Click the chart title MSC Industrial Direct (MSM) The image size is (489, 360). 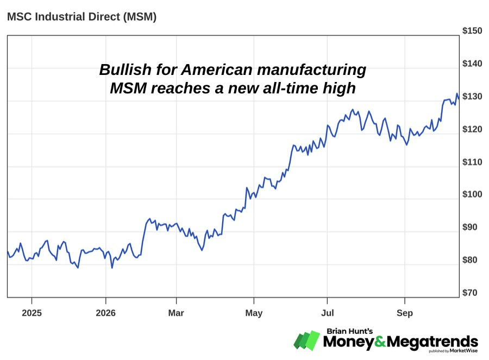(81, 16)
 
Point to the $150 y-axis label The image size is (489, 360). (472, 30)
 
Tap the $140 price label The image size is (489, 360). (472, 64)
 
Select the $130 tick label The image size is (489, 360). (472, 96)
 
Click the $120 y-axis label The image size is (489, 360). (472, 129)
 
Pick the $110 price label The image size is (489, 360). (472, 162)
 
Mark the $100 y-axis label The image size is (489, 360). (472, 194)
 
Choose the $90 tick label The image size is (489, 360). (469, 227)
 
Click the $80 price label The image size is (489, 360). (469, 260)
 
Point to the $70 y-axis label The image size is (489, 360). (469, 293)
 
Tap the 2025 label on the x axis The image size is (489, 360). (32, 313)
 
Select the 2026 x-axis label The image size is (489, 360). (106, 313)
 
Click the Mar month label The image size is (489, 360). (176, 313)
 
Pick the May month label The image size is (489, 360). (254, 313)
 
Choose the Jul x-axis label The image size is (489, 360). (328, 313)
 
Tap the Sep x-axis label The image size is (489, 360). (405, 313)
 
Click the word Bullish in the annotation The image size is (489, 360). (126, 70)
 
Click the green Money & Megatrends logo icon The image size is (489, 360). (307, 340)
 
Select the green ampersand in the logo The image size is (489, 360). (380, 342)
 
